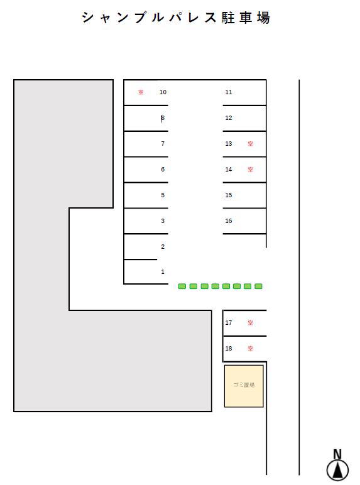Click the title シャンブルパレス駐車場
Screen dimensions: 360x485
point(176,18)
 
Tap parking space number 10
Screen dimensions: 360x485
point(163,92)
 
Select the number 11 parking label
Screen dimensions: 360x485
point(229,92)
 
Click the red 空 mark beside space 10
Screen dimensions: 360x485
point(141,92)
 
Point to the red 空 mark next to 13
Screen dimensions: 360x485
point(250,143)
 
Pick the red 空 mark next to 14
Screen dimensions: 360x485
point(250,169)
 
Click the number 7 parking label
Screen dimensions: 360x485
point(163,143)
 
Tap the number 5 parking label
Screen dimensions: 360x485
point(163,195)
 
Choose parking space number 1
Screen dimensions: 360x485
point(163,271)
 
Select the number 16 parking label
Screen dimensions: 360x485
point(229,221)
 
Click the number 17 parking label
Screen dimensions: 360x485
point(229,323)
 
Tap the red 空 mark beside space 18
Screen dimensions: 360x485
point(250,348)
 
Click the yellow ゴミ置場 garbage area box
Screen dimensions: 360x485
point(244,386)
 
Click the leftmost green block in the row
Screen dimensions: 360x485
point(182,286)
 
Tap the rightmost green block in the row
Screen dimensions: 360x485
point(258,286)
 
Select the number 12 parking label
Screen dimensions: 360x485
point(229,118)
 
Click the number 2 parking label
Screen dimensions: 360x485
point(163,246)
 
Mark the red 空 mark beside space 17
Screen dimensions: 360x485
point(250,323)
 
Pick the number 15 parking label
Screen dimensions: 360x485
point(229,195)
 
